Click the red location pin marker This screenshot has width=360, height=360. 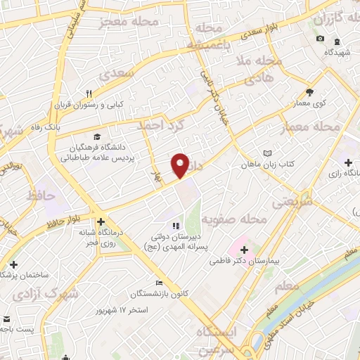[x=181, y=165]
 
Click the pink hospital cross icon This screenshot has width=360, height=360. [x=243, y=250]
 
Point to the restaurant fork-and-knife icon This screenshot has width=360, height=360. [x=89, y=93]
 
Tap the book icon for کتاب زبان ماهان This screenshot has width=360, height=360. [x=266, y=153]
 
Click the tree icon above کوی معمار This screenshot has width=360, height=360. [x=310, y=91]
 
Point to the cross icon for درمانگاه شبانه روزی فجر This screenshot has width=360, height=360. [x=101, y=220]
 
